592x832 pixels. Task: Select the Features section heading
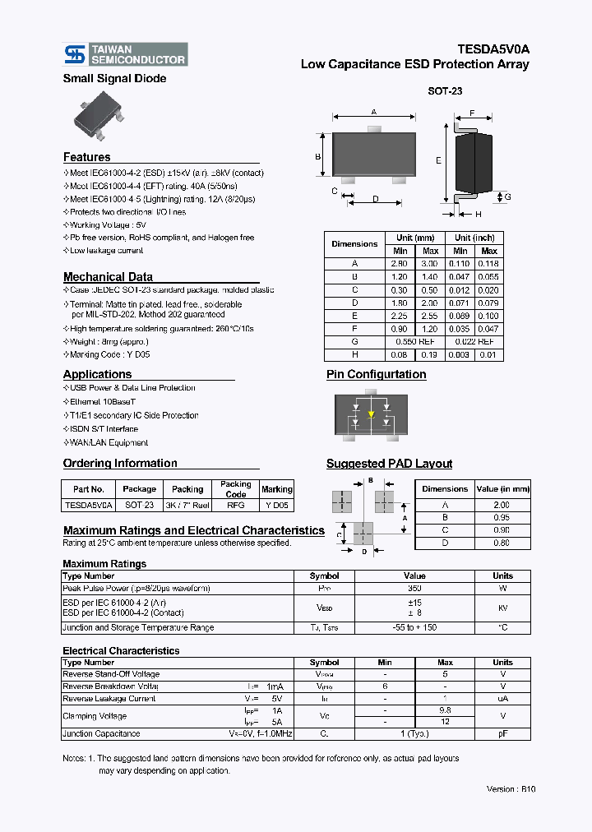point(86,157)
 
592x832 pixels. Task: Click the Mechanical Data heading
point(108,277)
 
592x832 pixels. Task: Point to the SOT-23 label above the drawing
point(445,92)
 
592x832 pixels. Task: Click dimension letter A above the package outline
point(373,112)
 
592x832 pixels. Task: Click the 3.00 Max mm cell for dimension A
point(430,264)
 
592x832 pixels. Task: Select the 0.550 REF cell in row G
point(415,341)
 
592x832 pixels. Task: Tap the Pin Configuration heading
point(376,374)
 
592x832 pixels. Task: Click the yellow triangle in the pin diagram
point(371,414)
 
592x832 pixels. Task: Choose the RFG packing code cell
point(236,506)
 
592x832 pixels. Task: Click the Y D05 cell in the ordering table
point(277,506)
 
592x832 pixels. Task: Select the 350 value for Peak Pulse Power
point(414,589)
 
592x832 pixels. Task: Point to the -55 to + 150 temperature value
point(414,627)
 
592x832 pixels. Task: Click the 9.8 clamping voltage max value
point(445,710)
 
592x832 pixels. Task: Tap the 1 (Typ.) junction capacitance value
point(414,733)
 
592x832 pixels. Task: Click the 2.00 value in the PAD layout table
point(500,505)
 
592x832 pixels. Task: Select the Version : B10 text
point(511,789)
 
